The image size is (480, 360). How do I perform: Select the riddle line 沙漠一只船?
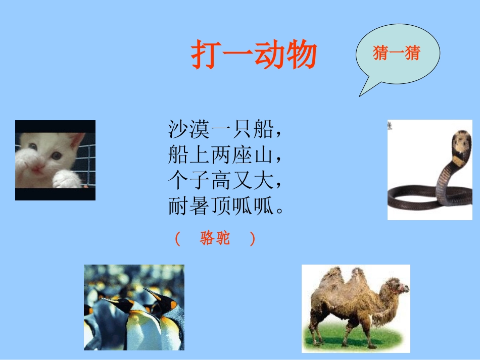point(224,130)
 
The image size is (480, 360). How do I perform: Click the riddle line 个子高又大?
point(224,180)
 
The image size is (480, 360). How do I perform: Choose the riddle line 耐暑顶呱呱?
point(224,206)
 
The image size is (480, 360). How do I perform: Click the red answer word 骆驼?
point(215,238)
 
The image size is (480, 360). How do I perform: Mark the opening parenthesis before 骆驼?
point(177,239)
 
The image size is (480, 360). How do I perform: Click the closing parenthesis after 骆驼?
point(252,239)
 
